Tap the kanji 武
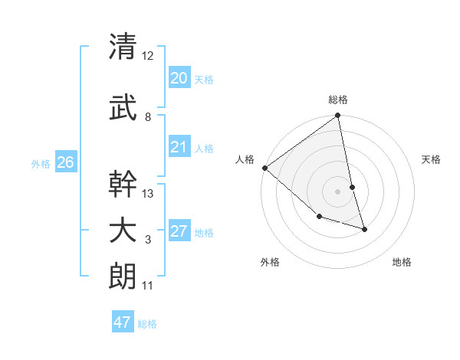123,109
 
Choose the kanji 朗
123,276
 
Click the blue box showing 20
179,77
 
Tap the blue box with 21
179,147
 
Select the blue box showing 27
179,231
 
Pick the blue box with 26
65,162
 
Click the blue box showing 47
123,322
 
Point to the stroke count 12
148,56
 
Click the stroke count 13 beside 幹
148,194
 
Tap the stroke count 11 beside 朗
147,286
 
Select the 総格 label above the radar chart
338,100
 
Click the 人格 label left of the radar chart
245,159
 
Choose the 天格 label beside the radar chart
432,159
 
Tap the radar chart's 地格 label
402,263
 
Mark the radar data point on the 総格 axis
338,116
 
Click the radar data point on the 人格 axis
264,168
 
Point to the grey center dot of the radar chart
338,191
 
